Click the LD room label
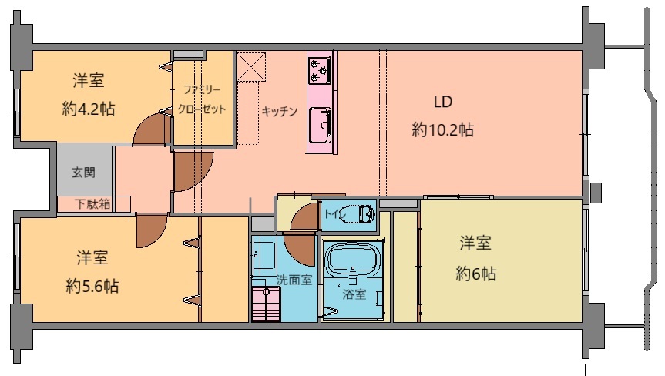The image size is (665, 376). click(443, 102)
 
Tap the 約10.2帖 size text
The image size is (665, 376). click(443, 129)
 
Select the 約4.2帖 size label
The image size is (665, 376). click(88, 109)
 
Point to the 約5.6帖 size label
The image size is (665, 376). click(92, 286)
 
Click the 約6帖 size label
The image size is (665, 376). click(476, 274)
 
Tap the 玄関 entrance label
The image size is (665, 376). click(83, 173)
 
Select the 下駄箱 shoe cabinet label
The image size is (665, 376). click(93, 204)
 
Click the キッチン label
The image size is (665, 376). click(280, 111)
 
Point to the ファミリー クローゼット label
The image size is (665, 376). click(202, 99)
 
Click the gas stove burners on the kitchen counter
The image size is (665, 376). click(320, 70)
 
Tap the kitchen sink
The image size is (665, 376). click(321, 125)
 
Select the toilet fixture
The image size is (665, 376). click(361, 213)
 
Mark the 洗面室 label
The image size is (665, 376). click(294, 280)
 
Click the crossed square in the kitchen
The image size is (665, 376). click(251, 66)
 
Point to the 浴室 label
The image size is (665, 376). click(354, 294)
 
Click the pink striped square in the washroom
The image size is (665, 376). click(266, 304)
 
